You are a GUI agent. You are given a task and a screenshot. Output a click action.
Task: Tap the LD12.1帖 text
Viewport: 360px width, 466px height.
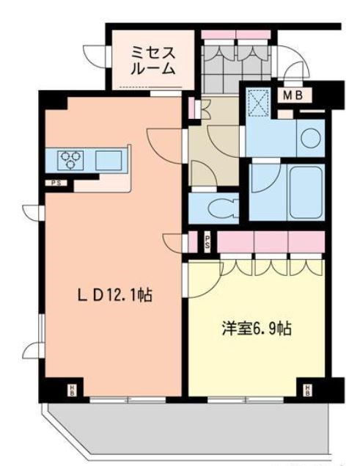[x=115, y=296]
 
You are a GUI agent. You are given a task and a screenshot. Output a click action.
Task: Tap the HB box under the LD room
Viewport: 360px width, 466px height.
[x=73, y=388]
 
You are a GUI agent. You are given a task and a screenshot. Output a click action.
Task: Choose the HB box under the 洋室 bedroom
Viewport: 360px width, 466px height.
[x=308, y=388]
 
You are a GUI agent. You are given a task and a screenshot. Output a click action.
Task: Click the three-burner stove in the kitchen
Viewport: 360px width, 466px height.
[x=72, y=159]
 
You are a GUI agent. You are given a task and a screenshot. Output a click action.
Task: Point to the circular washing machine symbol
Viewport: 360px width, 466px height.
[x=309, y=136]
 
